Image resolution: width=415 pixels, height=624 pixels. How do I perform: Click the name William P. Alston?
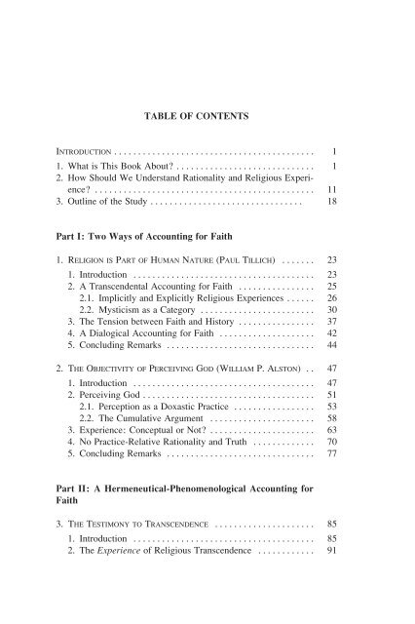pyautogui.click(x=283, y=400)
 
